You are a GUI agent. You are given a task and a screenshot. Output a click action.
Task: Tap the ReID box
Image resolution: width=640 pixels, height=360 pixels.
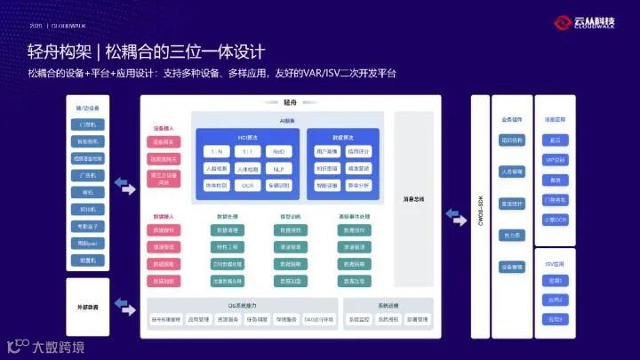point(278,152)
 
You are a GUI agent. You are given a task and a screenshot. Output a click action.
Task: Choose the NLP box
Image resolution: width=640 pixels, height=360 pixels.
point(278,169)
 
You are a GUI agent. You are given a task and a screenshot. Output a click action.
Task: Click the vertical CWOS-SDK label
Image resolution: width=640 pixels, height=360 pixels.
point(481,212)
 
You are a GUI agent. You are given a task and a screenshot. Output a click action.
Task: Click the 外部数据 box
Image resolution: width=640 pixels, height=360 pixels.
point(87,307)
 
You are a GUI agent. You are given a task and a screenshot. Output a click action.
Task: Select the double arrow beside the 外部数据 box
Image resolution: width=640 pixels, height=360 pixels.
point(126,307)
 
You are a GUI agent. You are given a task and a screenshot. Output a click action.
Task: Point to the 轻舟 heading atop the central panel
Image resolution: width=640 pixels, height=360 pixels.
point(289,103)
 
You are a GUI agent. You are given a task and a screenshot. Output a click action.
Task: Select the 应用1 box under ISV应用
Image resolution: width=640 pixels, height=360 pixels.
point(556,280)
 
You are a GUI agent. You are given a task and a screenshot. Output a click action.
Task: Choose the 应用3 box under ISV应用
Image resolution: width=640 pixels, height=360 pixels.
point(556,319)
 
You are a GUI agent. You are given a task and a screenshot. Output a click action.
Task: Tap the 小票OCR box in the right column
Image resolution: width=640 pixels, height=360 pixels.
point(556,219)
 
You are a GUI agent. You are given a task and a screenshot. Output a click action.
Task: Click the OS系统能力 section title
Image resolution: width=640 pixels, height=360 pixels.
point(241,305)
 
